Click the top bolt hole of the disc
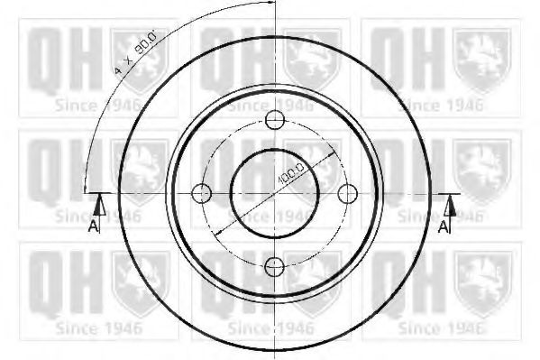click(275, 120)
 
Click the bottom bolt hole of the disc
click(274, 266)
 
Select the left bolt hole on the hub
click(201, 193)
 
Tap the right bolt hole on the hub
click(347, 193)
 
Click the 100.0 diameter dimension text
click(291, 173)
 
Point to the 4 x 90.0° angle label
click(136, 51)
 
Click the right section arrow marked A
click(450, 206)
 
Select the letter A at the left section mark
click(94, 226)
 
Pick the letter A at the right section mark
click(444, 226)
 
